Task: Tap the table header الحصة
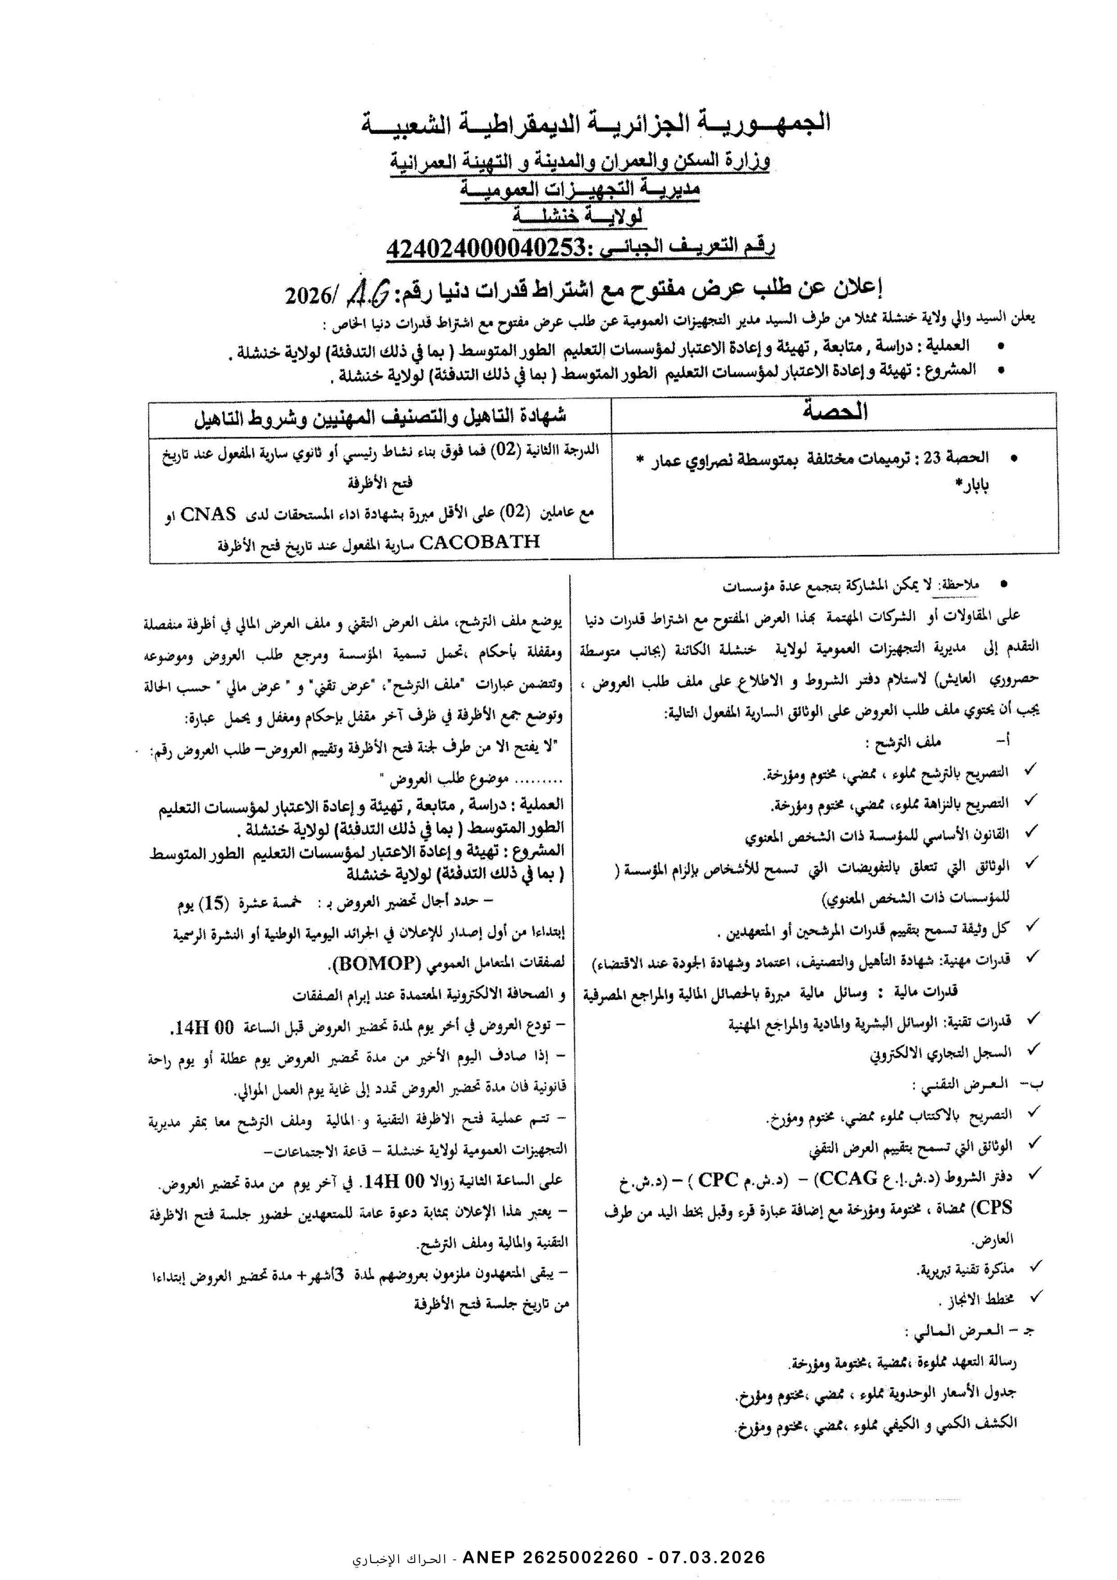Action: (x=834, y=412)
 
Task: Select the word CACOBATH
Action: (x=479, y=541)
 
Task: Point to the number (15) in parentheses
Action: (x=211, y=905)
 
